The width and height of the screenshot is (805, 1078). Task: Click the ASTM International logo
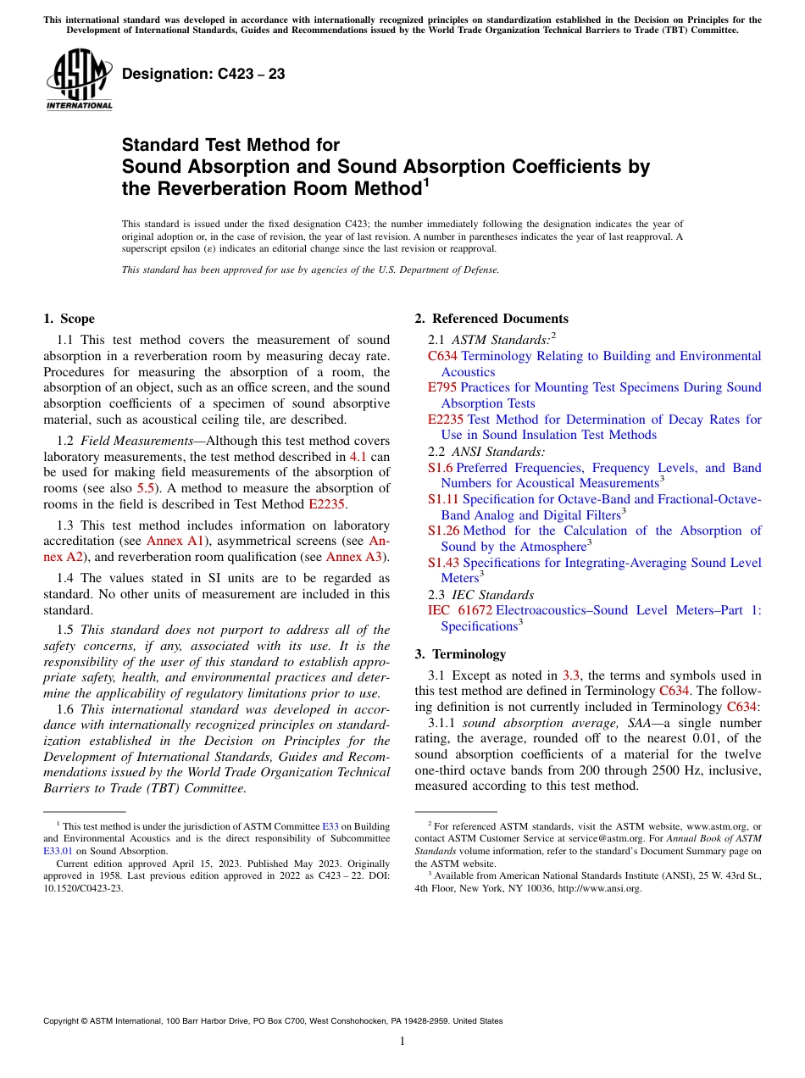(79, 80)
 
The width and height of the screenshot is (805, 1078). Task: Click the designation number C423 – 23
(203, 75)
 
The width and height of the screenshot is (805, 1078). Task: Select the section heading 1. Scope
(69, 319)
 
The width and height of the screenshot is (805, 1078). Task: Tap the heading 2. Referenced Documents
(491, 319)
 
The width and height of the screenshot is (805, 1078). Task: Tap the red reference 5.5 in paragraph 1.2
(146, 488)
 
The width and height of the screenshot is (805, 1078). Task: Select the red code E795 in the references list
(442, 387)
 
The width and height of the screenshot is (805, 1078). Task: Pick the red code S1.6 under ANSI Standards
(440, 468)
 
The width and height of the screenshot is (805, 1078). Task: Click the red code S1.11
(443, 500)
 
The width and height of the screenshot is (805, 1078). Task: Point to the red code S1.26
(443, 531)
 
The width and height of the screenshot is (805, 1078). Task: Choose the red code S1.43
(443, 563)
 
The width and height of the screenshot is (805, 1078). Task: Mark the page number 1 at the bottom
(402, 1042)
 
